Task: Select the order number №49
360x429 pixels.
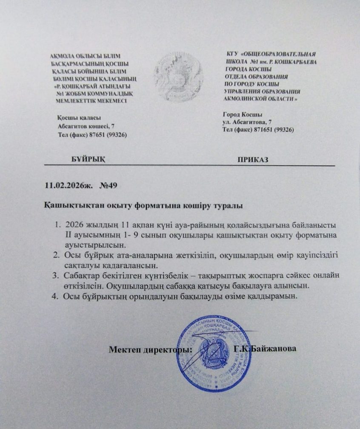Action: point(110,186)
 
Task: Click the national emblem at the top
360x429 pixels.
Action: point(179,77)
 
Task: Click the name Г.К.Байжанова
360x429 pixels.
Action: point(266,349)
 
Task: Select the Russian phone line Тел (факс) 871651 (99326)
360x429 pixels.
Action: point(258,129)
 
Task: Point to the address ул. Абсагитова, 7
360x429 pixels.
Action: point(247,122)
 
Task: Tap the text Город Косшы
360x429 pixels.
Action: point(242,114)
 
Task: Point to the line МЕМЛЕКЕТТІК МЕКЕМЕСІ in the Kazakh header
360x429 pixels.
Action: point(91,100)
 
